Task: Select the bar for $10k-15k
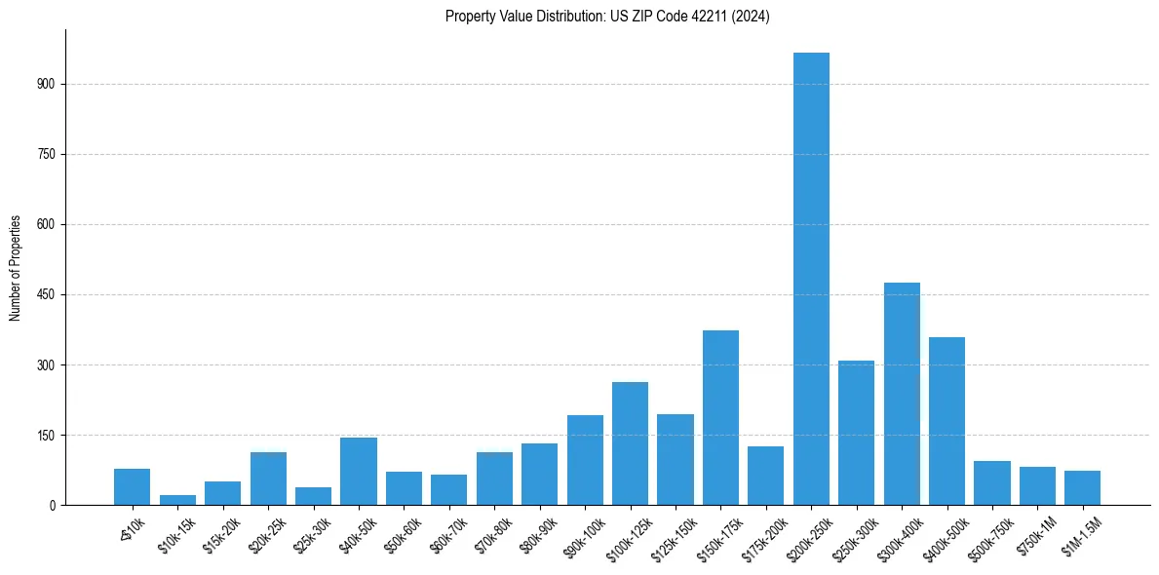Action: coord(177,500)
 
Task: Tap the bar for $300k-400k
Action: coord(902,394)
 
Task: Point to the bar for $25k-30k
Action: coord(313,496)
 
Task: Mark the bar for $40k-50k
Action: coord(359,471)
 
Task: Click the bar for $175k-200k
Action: coord(765,476)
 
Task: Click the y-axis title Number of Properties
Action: coord(16,268)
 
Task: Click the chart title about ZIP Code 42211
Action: coord(607,17)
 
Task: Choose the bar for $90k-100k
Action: coord(585,460)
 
